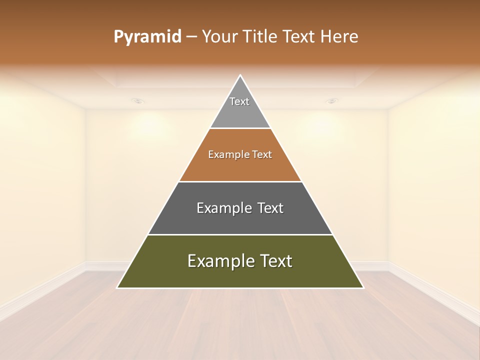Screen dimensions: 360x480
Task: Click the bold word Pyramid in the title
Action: click(x=147, y=37)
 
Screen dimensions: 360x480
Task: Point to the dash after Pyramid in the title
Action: click(x=191, y=37)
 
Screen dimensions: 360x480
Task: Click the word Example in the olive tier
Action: click(x=220, y=261)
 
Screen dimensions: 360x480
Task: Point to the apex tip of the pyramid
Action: click(x=240, y=76)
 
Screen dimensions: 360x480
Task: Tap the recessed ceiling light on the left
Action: click(x=138, y=101)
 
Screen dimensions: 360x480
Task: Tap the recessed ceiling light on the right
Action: click(x=331, y=101)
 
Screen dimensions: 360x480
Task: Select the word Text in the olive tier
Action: click(x=275, y=261)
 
